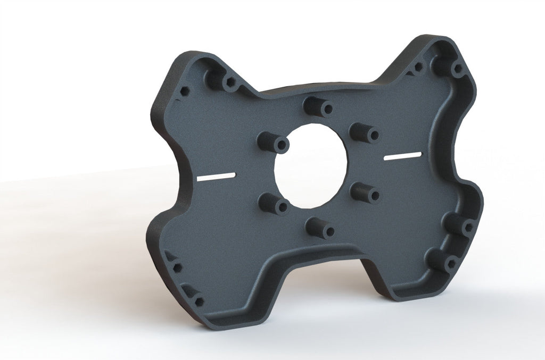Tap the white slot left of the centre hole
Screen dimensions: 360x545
216,177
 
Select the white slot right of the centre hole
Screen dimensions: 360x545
403,155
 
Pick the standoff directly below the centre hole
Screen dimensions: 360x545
321,228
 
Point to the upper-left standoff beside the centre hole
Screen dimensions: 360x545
274,143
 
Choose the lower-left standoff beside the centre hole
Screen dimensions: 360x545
275,204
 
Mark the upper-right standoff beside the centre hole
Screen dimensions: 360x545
365,132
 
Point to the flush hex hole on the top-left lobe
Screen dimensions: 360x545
185,91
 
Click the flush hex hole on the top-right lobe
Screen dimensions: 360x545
418,68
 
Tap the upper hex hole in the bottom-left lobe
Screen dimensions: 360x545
178,267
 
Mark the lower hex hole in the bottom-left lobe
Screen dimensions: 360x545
199,302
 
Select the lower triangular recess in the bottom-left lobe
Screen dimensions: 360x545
189,290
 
